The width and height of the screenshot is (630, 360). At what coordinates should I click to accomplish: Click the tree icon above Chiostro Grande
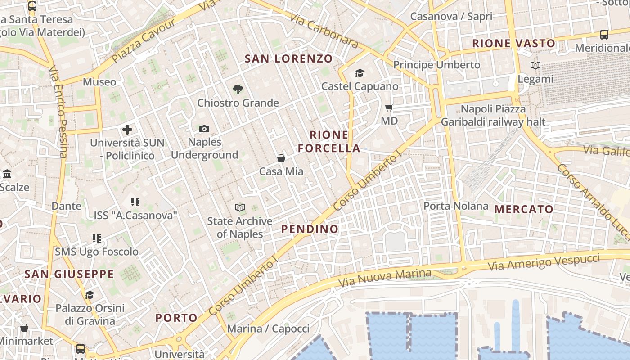point(238,90)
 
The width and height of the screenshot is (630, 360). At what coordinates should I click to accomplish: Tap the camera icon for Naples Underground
point(204,129)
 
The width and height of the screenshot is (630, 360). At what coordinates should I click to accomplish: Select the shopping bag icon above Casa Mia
point(281,158)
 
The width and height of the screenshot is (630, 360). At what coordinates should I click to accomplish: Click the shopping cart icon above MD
point(389,108)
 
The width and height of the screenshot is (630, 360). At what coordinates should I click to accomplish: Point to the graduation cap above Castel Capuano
point(360,73)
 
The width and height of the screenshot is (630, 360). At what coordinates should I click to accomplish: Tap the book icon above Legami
point(535,66)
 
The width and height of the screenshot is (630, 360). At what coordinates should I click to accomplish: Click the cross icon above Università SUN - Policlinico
point(127,130)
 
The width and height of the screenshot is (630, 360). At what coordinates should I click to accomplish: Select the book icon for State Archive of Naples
point(240,207)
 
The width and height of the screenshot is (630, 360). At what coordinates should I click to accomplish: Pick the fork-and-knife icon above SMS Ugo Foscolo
point(97,238)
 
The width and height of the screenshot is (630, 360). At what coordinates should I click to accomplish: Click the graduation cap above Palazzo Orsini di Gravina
point(90,295)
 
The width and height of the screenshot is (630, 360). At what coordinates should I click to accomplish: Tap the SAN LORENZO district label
point(288,58)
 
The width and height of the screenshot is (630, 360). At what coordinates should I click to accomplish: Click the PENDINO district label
point(310,229)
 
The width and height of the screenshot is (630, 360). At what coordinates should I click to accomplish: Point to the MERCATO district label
point(524,209)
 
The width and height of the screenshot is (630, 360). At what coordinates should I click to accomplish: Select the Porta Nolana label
point(456,206)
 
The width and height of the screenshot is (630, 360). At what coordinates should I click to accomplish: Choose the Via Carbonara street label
point(324,30)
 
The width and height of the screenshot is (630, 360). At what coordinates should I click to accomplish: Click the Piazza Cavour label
point(144,41)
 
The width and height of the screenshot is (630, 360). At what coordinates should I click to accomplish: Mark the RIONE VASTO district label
point(513,44)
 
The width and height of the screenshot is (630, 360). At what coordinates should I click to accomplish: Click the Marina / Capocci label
point(268,328)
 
